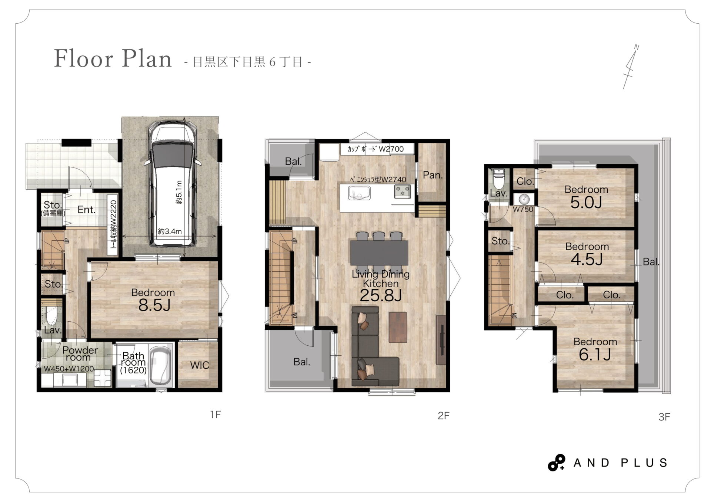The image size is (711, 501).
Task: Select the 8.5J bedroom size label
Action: tap(154, 306)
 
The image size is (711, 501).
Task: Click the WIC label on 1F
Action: tap(200, 365)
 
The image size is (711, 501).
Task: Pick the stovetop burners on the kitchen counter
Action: tap(403, 192)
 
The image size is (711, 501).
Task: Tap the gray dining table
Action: tap(379, 253)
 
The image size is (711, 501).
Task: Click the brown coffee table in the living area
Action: tap(398, 328)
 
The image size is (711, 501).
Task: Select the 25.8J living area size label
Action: tap(381, 296)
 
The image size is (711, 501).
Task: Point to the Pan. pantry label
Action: tap(433, 175)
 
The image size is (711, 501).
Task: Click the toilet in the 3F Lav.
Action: tap(499, 179)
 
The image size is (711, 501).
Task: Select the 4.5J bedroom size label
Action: tap(587, 260)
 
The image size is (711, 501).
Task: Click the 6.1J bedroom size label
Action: tap(595, 355)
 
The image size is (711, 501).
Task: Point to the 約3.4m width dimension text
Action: tap(170, 231)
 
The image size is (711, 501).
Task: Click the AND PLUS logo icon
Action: tap(556, 463)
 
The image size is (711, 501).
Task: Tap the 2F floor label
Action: tap(443, 416)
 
